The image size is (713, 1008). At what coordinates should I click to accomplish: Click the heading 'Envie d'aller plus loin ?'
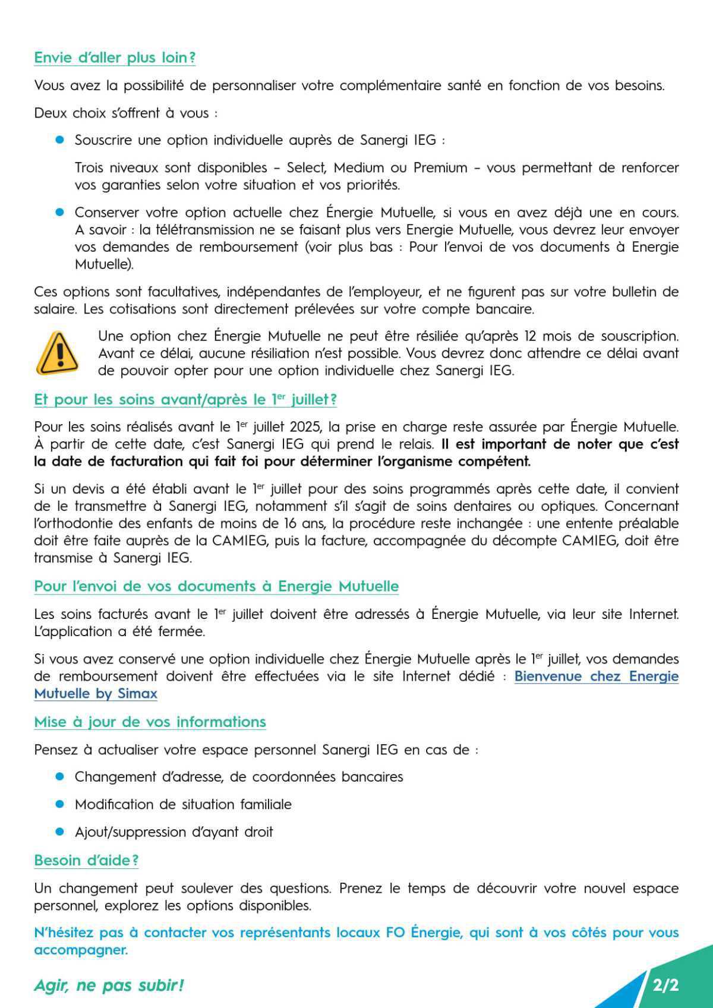(115, 58)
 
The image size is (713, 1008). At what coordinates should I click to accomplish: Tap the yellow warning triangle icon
(57, 353)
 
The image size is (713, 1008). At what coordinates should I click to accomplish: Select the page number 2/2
(665, 985)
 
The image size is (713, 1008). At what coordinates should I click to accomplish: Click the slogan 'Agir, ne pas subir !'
(109, 985)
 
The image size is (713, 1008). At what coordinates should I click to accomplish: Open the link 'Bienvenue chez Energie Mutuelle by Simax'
(596, 676)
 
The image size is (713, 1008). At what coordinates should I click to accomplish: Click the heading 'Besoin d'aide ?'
(86, 860)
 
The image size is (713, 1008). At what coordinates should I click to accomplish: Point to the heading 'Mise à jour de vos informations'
(150, 722)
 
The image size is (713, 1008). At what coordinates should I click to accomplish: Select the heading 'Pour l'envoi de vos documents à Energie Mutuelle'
(216, 586)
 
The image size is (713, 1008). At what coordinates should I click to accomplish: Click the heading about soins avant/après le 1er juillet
(185, 400)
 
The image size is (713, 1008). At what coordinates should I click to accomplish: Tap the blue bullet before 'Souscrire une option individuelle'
(59, 140)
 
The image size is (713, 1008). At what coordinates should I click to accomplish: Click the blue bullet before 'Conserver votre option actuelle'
(59, 212)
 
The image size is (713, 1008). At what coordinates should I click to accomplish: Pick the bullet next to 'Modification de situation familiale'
(59, 804)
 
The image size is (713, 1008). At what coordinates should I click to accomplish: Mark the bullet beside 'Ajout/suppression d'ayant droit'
(59, 832)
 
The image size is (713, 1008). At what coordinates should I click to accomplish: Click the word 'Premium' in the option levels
(440, 168)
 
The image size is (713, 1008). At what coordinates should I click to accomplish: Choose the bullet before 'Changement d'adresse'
(59, 777)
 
